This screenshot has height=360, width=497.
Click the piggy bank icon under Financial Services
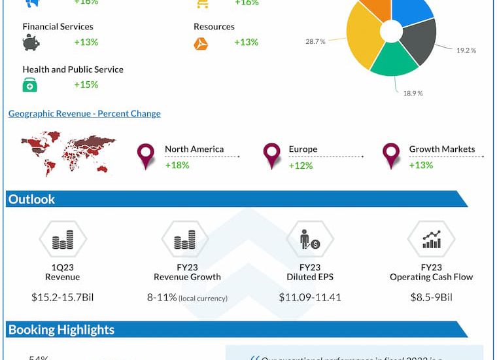31,43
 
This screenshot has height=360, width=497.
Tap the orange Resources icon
201,44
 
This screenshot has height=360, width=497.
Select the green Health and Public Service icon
30,85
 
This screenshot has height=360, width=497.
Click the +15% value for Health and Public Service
86,84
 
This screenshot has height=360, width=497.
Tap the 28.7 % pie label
315,41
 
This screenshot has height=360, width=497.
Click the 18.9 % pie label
412,93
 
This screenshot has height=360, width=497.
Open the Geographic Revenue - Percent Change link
84,113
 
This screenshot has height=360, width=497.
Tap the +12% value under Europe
301,165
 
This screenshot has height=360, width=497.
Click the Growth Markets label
442,149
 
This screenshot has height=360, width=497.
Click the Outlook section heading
32,199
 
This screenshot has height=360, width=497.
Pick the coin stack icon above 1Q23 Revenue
63,241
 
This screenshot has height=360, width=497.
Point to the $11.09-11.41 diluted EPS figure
310,297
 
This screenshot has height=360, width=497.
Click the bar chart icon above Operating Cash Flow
431,240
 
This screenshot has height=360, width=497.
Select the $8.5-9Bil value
432,297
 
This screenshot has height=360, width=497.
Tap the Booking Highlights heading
61,330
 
